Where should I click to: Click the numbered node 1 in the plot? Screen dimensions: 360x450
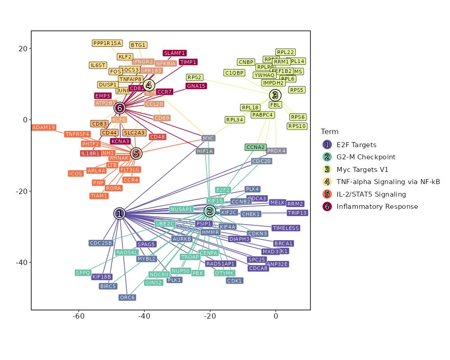tap(119, 214)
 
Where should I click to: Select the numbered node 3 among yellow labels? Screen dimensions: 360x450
tap(275, 95)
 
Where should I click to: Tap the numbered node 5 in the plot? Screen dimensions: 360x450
tap(136, 153)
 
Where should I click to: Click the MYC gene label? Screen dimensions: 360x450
tap(208, 138)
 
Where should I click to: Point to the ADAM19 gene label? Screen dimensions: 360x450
tap(44, 127)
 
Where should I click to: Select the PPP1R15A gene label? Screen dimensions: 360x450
tap(107, 43)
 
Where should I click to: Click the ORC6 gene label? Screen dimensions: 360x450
tap(127, 297)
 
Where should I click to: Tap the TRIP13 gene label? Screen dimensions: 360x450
tap(297, 213)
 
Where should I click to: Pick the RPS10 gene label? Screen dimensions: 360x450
tap(297, 126)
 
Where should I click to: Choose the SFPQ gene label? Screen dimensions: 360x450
tap(83, 273)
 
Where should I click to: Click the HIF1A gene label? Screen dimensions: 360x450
tap(205, 151)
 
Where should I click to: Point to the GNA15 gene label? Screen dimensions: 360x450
tap(196, 86)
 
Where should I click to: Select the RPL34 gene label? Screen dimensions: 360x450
tap(235, 120)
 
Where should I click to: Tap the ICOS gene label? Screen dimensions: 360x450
tap(76, 174)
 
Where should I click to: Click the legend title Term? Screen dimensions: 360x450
tap(330, 131)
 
